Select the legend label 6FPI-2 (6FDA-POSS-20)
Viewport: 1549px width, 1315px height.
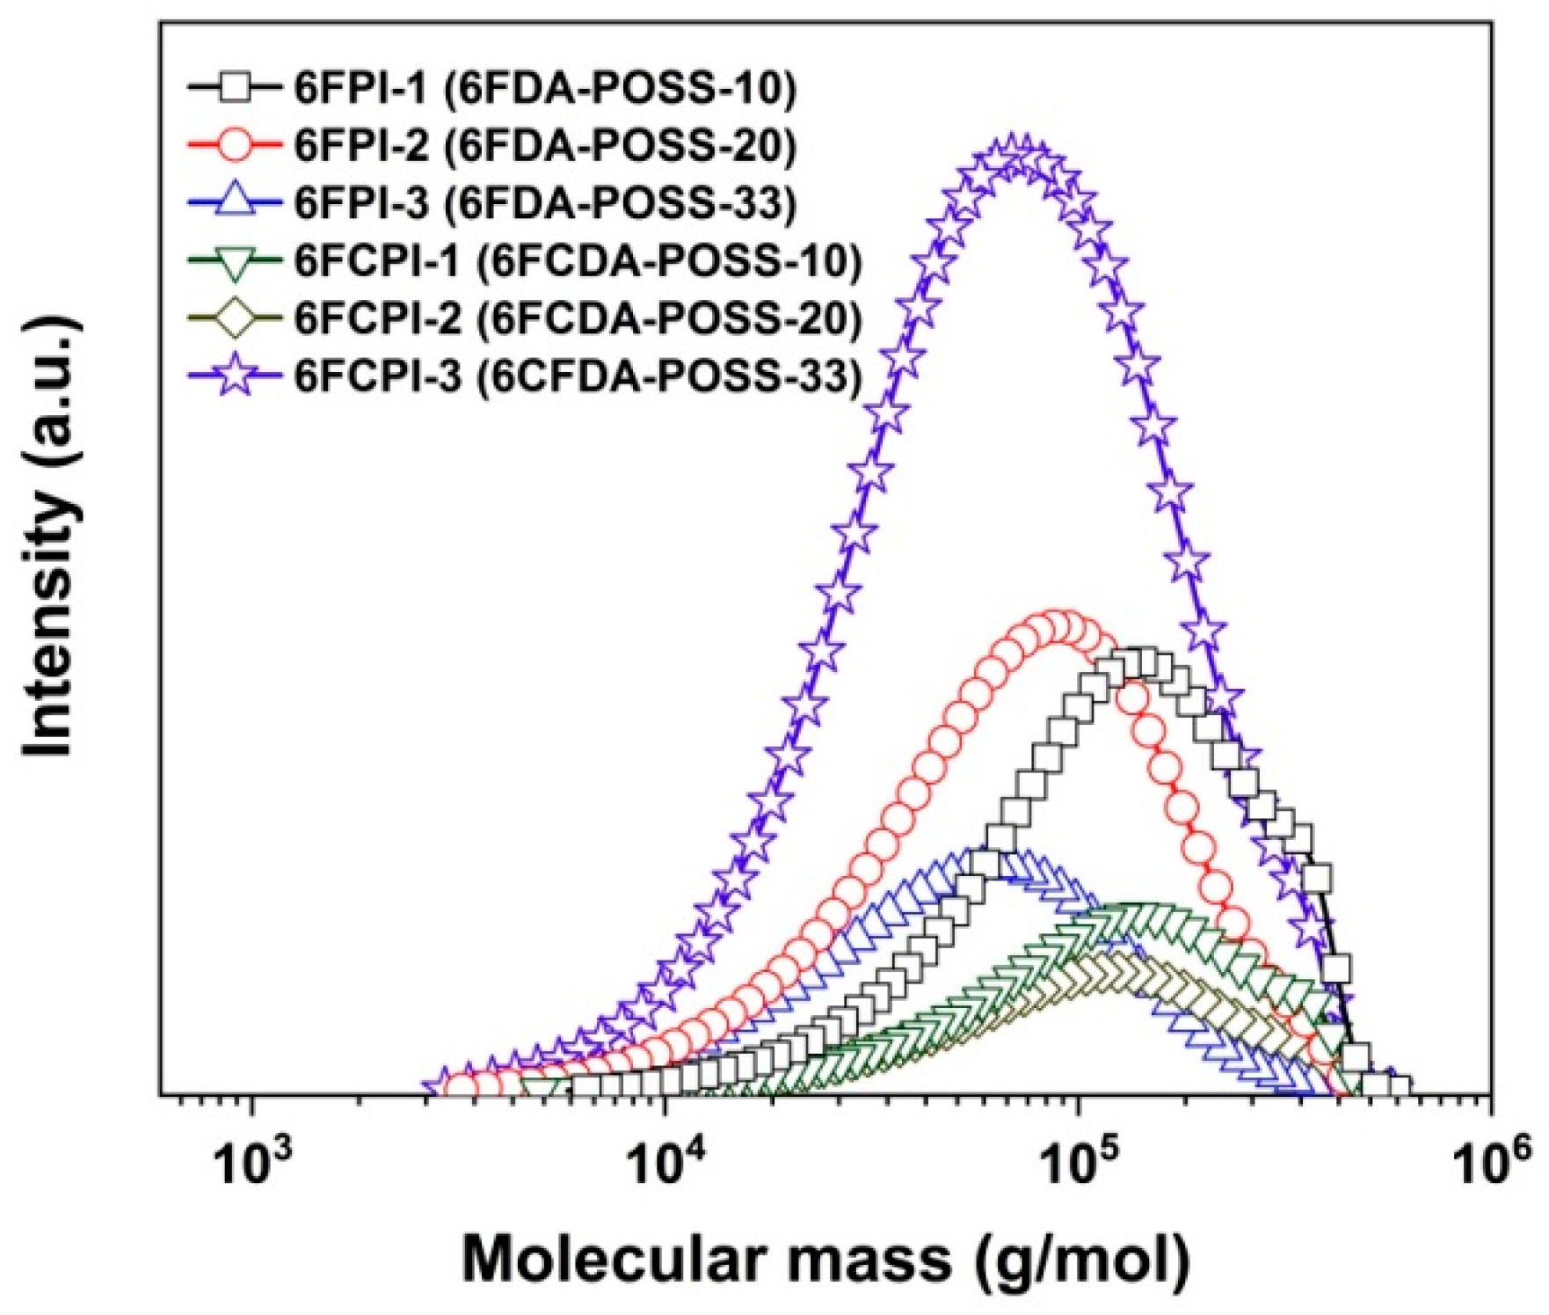pyautogui.click(x=545, y=146)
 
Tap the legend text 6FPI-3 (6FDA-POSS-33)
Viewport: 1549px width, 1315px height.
pyautogui.click(x=545, y=203)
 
